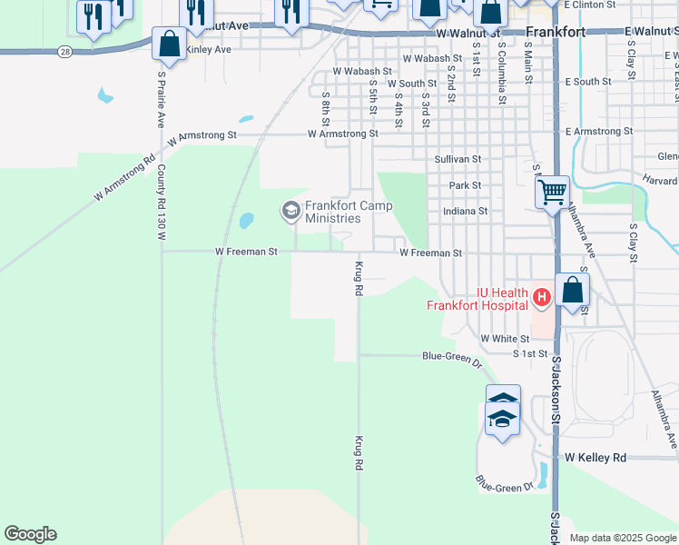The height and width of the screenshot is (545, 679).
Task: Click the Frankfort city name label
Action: click(556, 32)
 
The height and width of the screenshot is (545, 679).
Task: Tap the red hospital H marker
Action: click(541, 296)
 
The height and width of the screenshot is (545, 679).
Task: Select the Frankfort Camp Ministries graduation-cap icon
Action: click(291, 212)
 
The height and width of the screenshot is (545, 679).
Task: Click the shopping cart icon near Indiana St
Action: click(551, 192)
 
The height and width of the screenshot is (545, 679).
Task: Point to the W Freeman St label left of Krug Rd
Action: click(246, 252)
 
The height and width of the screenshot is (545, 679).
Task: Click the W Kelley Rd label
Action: click(595, 458)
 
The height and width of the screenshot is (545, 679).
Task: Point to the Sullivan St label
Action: click(457, 159)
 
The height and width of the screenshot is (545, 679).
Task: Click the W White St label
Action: click(504, 338)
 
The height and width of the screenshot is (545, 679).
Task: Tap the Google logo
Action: click(30, 534)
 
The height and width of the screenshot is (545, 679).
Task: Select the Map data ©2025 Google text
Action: click(623, 538)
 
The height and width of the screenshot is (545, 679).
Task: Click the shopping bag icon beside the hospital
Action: click(573, 291)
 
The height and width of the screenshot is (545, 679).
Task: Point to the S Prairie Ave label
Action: click(161, 100)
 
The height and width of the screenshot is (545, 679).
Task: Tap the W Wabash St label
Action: click(362, 70)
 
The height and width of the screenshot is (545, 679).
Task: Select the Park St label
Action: click(465, 185)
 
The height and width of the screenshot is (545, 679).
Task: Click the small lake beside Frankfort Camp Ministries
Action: click(246, 221)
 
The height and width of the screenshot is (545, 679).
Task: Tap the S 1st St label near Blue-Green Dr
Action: click(530, 352)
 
